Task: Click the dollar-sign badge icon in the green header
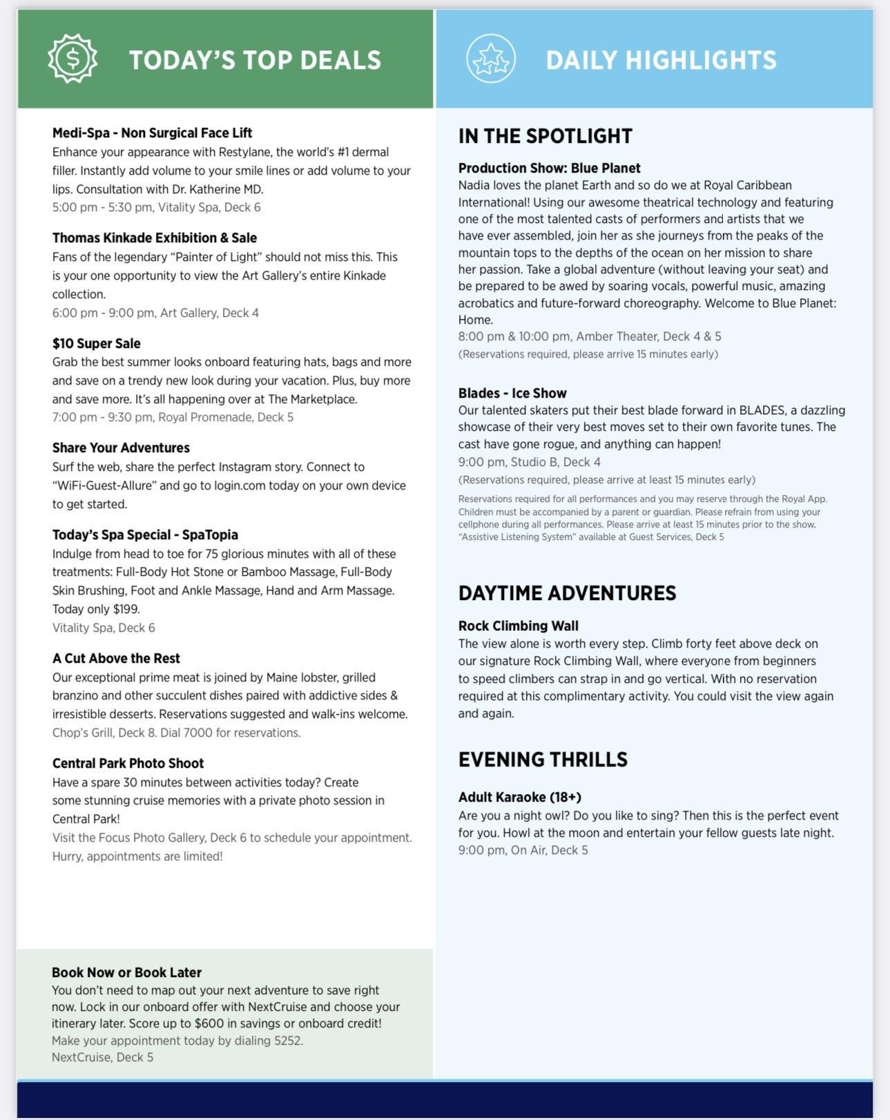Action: (x=72, y=59)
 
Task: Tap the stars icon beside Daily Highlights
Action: (x=490, y=59)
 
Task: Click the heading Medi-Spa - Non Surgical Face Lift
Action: (x=152, y=133)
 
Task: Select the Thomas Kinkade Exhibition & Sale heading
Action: (x=154, y=238)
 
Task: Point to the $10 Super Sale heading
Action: (x=96, y=343)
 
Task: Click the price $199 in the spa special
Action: (x=126, y=609)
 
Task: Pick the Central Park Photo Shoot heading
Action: (x=128, y=763)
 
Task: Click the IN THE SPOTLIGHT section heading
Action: (x=545, y=136)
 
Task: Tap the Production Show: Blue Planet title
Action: (x=549, y=168)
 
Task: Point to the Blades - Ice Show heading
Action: (x=512, y=393)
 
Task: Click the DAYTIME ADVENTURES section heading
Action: (x=567, y=593)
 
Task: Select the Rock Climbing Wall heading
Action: (x=518, y=626)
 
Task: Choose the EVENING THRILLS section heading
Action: (x=543, y=760)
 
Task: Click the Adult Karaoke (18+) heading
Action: (x=519, y=797)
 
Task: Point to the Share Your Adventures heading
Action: (x=121, y=447)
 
